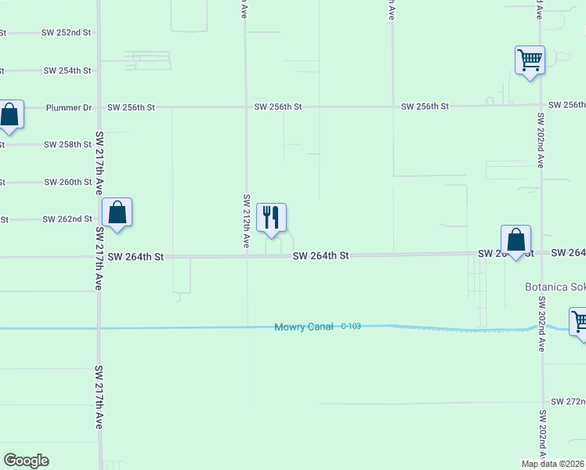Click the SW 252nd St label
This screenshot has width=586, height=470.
click(x=68, y=33)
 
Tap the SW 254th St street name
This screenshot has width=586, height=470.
click(x=68, y=70)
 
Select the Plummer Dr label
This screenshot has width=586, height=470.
click(x=69, y=107)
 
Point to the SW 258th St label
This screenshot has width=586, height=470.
click(x=68, y=145)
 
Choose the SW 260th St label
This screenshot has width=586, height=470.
click(x=68, y=183)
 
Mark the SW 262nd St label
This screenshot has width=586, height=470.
click(x=68, y=220)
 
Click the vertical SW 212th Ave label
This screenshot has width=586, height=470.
click(x=246, y=222)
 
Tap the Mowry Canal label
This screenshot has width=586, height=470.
click(x=304, y=327)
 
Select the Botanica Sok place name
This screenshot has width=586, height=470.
click(x=555, y=287)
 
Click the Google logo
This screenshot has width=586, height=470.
click(x=26, y=461)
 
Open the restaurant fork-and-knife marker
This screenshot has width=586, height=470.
click(x=271, y=219)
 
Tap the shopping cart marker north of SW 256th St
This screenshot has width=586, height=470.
click(x=530, y=60)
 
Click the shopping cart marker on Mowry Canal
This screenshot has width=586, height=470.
click(x=579, y=321)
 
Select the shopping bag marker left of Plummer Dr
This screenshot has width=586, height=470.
click(x=9, y=115)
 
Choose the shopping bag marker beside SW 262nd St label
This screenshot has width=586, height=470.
click(x=117, y=212)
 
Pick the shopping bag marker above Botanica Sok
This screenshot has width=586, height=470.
click(x=515, y=240)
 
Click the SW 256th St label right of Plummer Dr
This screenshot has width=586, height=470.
click(x=132, y=107)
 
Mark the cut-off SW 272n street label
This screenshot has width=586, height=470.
click(x=567, y=402)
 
